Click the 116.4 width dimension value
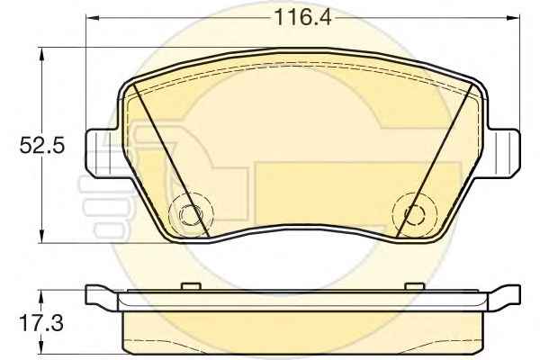coord(302,18)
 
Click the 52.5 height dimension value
coord(42,146)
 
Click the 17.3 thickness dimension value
coord(41,323)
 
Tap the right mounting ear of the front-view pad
coord(503,153)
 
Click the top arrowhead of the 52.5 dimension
coord(41,54)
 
